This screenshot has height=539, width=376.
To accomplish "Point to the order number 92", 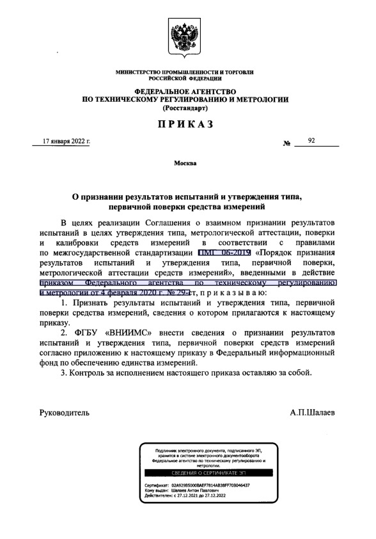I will tap(311, 140).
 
